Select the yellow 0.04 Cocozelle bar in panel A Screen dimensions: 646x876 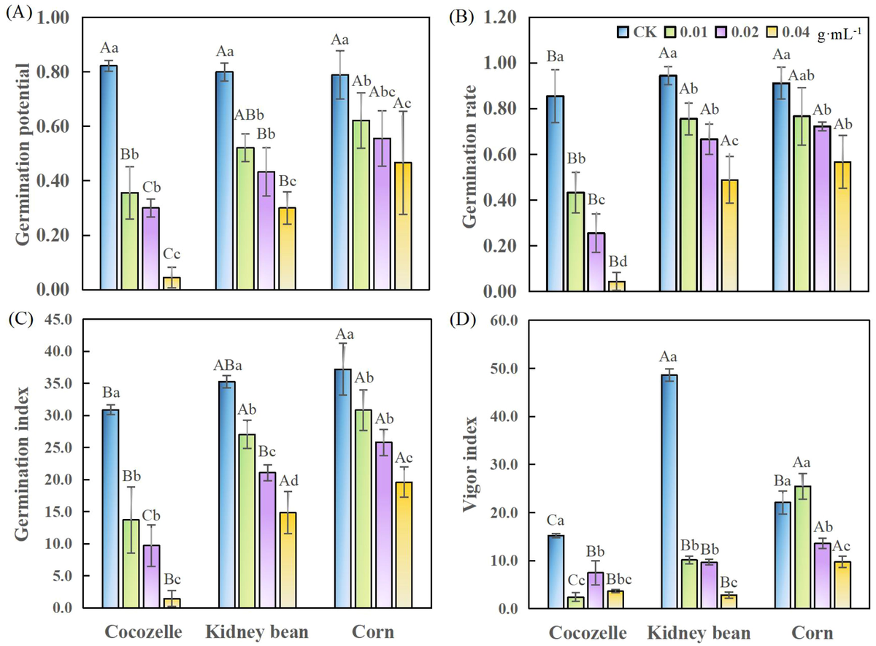pos(172,283)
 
